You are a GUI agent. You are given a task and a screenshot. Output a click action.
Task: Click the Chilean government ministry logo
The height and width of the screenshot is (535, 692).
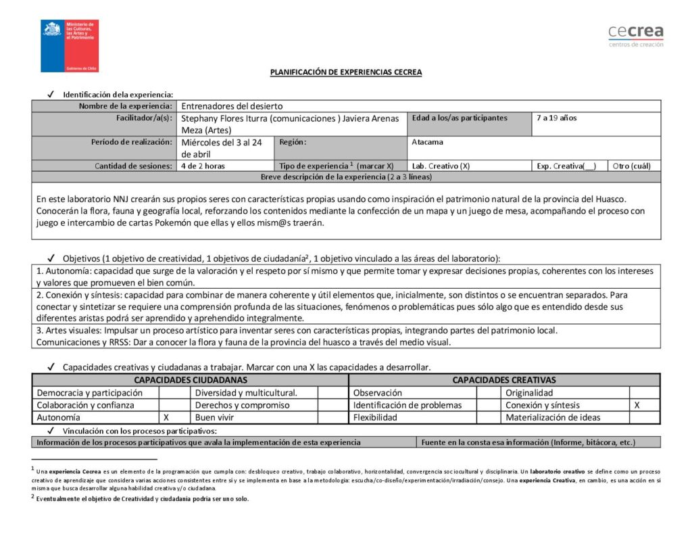click(70, 46)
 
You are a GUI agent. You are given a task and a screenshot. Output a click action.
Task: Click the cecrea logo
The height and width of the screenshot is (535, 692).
click(635, 35)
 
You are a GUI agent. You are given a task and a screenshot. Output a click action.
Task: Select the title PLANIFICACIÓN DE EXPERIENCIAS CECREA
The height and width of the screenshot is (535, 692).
click(346, 72)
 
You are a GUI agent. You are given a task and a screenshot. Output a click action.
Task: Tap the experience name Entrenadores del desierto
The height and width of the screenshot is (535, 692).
click(232, 106)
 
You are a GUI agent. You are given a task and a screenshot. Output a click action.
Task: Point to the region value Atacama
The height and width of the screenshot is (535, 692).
click(427, 142)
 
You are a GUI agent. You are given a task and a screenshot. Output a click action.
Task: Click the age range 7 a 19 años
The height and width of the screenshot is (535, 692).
click(556, 118)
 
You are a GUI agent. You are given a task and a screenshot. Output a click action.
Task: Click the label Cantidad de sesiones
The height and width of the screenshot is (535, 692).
click(133, 166)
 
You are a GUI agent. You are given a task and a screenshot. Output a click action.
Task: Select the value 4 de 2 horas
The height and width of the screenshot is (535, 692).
click(203, 166)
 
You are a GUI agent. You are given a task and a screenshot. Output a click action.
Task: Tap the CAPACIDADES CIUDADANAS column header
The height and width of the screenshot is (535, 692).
click(191, 380)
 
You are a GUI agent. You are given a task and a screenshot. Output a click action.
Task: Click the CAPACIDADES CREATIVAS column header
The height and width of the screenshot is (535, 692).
click(503, 380)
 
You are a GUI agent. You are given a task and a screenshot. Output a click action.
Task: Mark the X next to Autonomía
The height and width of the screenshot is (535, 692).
click(166, 417)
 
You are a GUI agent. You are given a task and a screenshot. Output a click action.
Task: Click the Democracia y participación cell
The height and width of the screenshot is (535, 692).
click(89, 392)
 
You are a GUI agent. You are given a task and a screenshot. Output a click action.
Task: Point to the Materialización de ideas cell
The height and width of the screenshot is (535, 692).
click(552, 417)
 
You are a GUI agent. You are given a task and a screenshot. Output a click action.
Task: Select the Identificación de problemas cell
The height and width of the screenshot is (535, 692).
click(407, 405)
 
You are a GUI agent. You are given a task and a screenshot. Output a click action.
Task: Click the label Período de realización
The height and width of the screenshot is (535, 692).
click(131, 142)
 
